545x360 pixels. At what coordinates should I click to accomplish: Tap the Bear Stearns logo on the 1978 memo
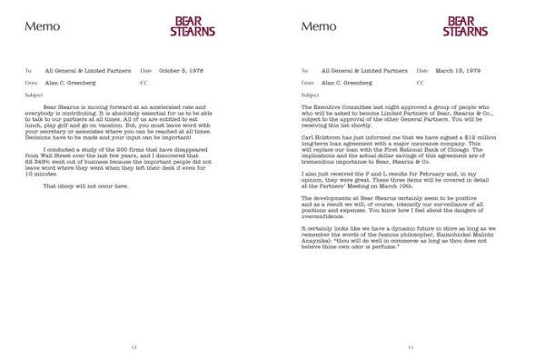point(193,25)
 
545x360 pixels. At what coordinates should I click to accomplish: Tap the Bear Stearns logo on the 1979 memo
point(467,25)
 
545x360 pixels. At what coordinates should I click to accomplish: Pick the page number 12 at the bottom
point(134,346)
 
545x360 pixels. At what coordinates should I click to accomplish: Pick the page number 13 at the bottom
point(411,346)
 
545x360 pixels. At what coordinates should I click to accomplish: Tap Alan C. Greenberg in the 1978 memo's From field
point(69,82)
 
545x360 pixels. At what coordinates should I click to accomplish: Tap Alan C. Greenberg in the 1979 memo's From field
point(346,82)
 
